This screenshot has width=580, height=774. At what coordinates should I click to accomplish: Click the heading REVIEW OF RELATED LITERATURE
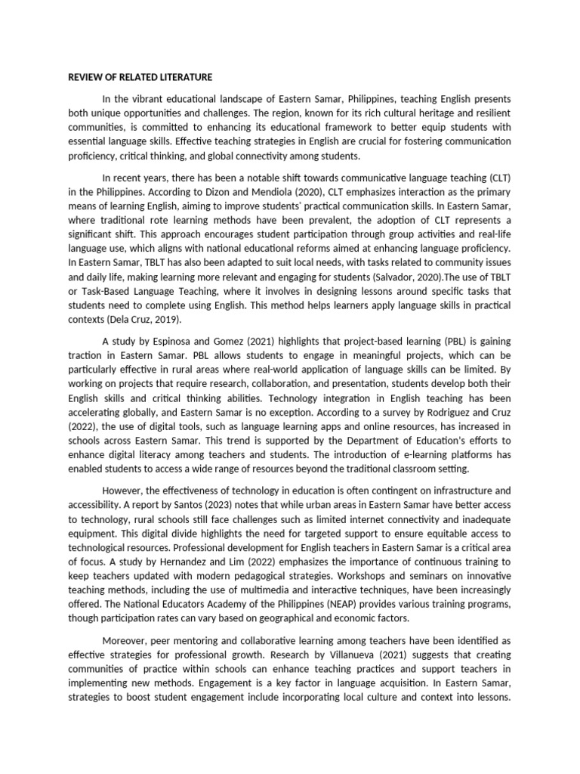(140, 77)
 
